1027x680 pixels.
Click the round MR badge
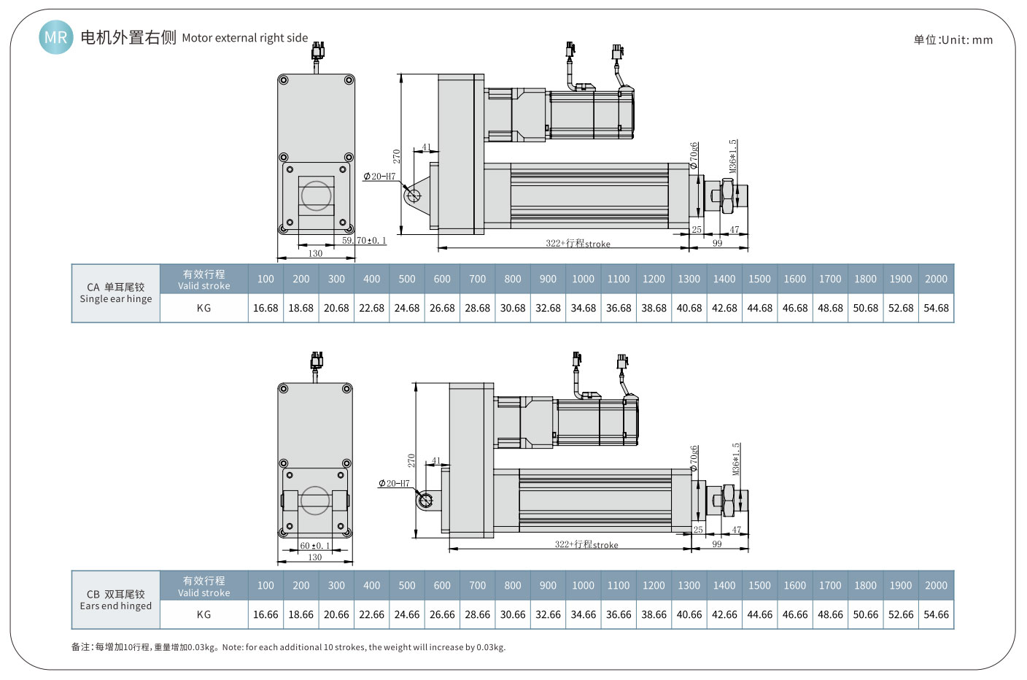click(x=56, y=37)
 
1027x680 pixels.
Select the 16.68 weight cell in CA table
click(x=266, y=308)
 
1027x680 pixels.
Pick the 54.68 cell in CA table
click(x=936, y=308)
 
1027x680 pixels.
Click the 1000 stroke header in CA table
click(x=583, y=279)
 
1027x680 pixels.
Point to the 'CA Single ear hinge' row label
click(x=116, y=293)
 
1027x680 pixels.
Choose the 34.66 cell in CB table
click(x=583, y=614)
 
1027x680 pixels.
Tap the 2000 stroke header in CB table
click(x=936, y=585)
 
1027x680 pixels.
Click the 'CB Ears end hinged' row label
click(x=116, y=600)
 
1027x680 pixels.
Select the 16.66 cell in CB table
click(x=266, y=614)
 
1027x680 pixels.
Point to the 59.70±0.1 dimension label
click(x=364, y=240)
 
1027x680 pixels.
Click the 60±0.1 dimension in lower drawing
click(x=315, y=546)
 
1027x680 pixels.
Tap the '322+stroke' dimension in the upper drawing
click(x=578, y=243)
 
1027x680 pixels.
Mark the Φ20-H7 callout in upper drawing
click(x=379, y=177)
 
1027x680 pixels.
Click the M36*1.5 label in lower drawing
click(x=736, y=459)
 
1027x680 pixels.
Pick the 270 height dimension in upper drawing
click(x=397, y=156)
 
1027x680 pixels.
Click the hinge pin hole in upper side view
click(x=414, y=195)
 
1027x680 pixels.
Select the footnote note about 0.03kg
click(x=288, y=647)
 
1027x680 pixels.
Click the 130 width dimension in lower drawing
click(x=315, y=557)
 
